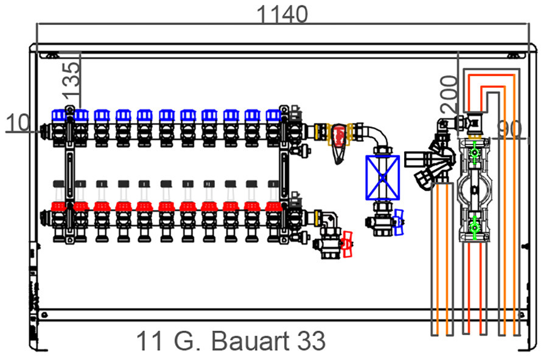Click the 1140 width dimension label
point(282,15)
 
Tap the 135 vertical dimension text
point(71,80)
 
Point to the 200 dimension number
point(449,94)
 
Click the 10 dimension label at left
point(18,122)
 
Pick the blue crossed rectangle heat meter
point(382,178)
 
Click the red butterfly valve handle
point(347,244)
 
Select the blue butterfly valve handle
point(398,222)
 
